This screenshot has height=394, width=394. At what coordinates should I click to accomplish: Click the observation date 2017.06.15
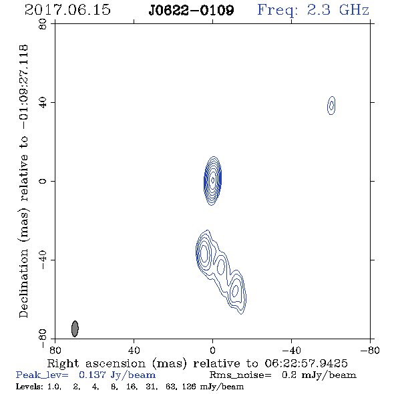67,10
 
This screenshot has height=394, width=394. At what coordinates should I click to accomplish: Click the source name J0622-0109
191,11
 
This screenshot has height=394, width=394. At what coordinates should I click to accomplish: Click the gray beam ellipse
75,329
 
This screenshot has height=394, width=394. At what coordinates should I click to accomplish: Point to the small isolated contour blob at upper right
331,106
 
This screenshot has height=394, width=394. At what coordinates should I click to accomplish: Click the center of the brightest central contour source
212,180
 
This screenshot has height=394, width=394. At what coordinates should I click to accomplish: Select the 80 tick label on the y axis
43,24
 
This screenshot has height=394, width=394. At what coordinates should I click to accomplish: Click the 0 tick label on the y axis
43,181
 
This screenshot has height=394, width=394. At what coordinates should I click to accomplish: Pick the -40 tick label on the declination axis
43,260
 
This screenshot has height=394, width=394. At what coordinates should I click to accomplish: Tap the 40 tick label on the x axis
134,350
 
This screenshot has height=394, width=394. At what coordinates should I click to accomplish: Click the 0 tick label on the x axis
212,350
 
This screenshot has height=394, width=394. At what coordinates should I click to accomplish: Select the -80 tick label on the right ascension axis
370,350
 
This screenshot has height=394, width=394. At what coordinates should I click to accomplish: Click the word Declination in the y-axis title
23,283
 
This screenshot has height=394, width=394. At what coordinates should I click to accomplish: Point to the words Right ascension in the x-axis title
96,363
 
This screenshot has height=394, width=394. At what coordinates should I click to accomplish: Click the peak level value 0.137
92,375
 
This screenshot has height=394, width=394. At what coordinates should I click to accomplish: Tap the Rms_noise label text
240,375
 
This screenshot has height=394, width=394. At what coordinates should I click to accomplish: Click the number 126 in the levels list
190,386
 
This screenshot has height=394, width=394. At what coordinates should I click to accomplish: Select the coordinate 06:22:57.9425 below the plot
306,363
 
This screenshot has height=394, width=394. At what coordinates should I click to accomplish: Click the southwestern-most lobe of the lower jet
236,291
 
